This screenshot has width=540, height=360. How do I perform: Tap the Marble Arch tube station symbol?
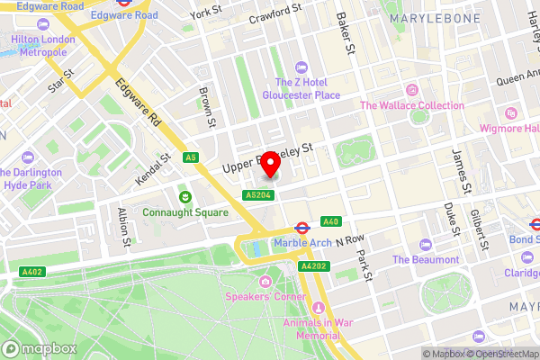click(305, 226)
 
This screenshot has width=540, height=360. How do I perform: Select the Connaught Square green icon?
click(184, 196)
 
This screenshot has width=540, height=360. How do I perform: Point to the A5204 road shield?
click(256, 193)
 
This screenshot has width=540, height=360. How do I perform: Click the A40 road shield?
click(330, 222)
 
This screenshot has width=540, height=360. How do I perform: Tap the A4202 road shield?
click(312, 266)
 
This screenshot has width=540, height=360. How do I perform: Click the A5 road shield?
click(190, 157)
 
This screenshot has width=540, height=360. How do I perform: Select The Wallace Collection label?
click(412, 105)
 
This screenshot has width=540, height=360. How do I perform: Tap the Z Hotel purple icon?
click(301, 66)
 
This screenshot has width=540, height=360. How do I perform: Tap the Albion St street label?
click(124, 227)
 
